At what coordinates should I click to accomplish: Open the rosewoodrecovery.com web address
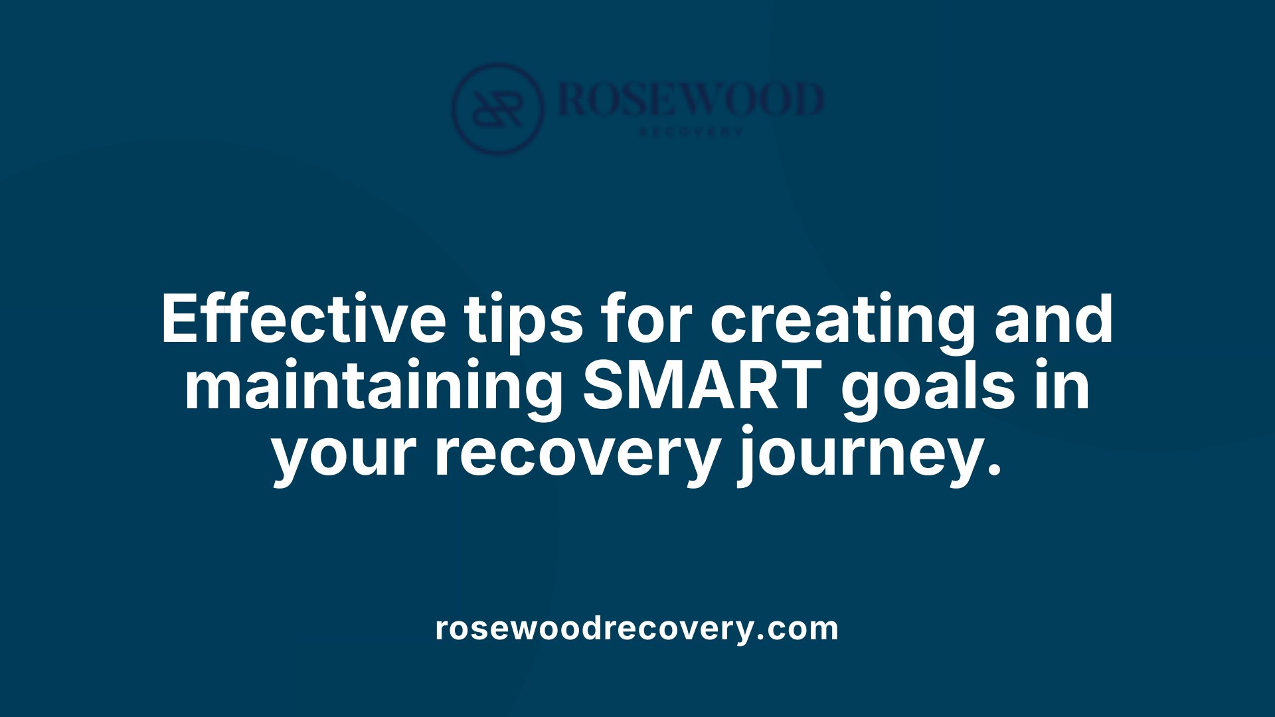tap(637, 628)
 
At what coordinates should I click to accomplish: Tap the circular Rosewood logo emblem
tap(497, 108)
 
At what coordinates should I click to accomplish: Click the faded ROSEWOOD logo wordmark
tap(691, 100)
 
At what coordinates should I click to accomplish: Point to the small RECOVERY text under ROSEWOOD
tap(691, 132)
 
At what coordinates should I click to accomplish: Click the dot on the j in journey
tap(751, 432)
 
